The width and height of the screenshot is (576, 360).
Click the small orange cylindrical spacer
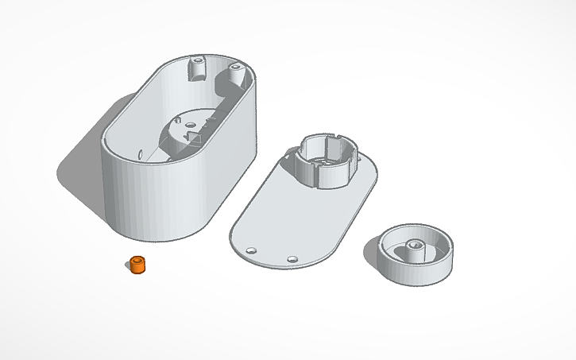[139, 266]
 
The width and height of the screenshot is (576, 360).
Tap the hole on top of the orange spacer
[139, 260]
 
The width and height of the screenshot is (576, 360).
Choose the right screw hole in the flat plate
[292, 259]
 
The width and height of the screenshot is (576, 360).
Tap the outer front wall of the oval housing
[159, 199]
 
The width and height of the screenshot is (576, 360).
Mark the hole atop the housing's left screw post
[196, 60]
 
